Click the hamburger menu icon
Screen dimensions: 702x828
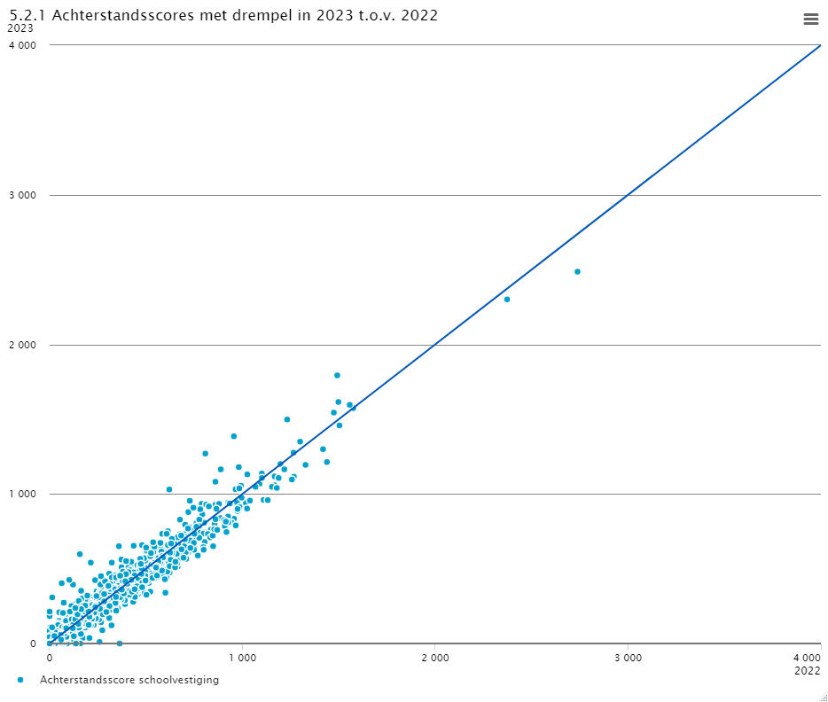(x=810, y=19)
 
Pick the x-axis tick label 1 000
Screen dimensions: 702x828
(x=242, y=658)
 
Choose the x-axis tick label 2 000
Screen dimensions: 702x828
(x=434, y=658)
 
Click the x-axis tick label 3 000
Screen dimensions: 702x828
(x=628, y=658)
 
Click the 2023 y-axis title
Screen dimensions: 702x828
(x=20, y=28)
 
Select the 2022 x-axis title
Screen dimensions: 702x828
(x=808, y=671)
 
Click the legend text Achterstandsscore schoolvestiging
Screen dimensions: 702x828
(x=129, y=680)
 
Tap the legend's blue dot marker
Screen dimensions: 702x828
(x=20, y=680)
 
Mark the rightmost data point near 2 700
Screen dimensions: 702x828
(x=577, y=271)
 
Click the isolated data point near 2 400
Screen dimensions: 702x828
(x=507, y=300)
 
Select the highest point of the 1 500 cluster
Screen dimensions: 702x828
(x=337, y=375)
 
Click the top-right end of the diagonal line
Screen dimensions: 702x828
(x=820, y=45)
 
